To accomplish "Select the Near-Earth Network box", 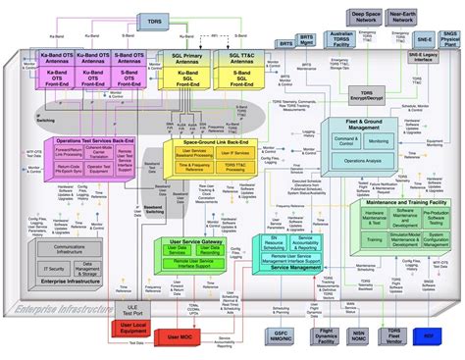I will [402, 17].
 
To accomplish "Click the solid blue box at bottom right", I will [428, 335].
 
